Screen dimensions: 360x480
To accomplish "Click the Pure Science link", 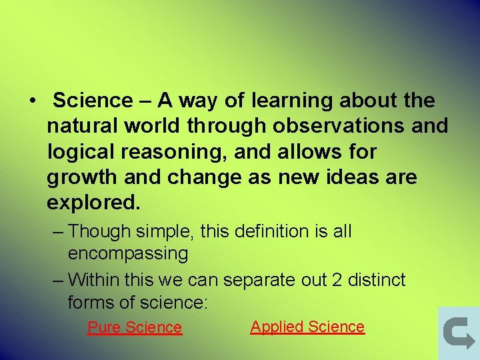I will [135, 327].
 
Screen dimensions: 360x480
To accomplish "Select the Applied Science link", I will [307, 327].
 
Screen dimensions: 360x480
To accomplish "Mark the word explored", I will [93, 203].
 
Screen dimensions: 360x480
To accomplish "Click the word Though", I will [99, 232].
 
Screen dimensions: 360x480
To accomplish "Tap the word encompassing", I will [128, 253].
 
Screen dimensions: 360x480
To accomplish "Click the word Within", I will [93, 280].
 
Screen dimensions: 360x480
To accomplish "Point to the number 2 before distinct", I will [337, 280].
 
